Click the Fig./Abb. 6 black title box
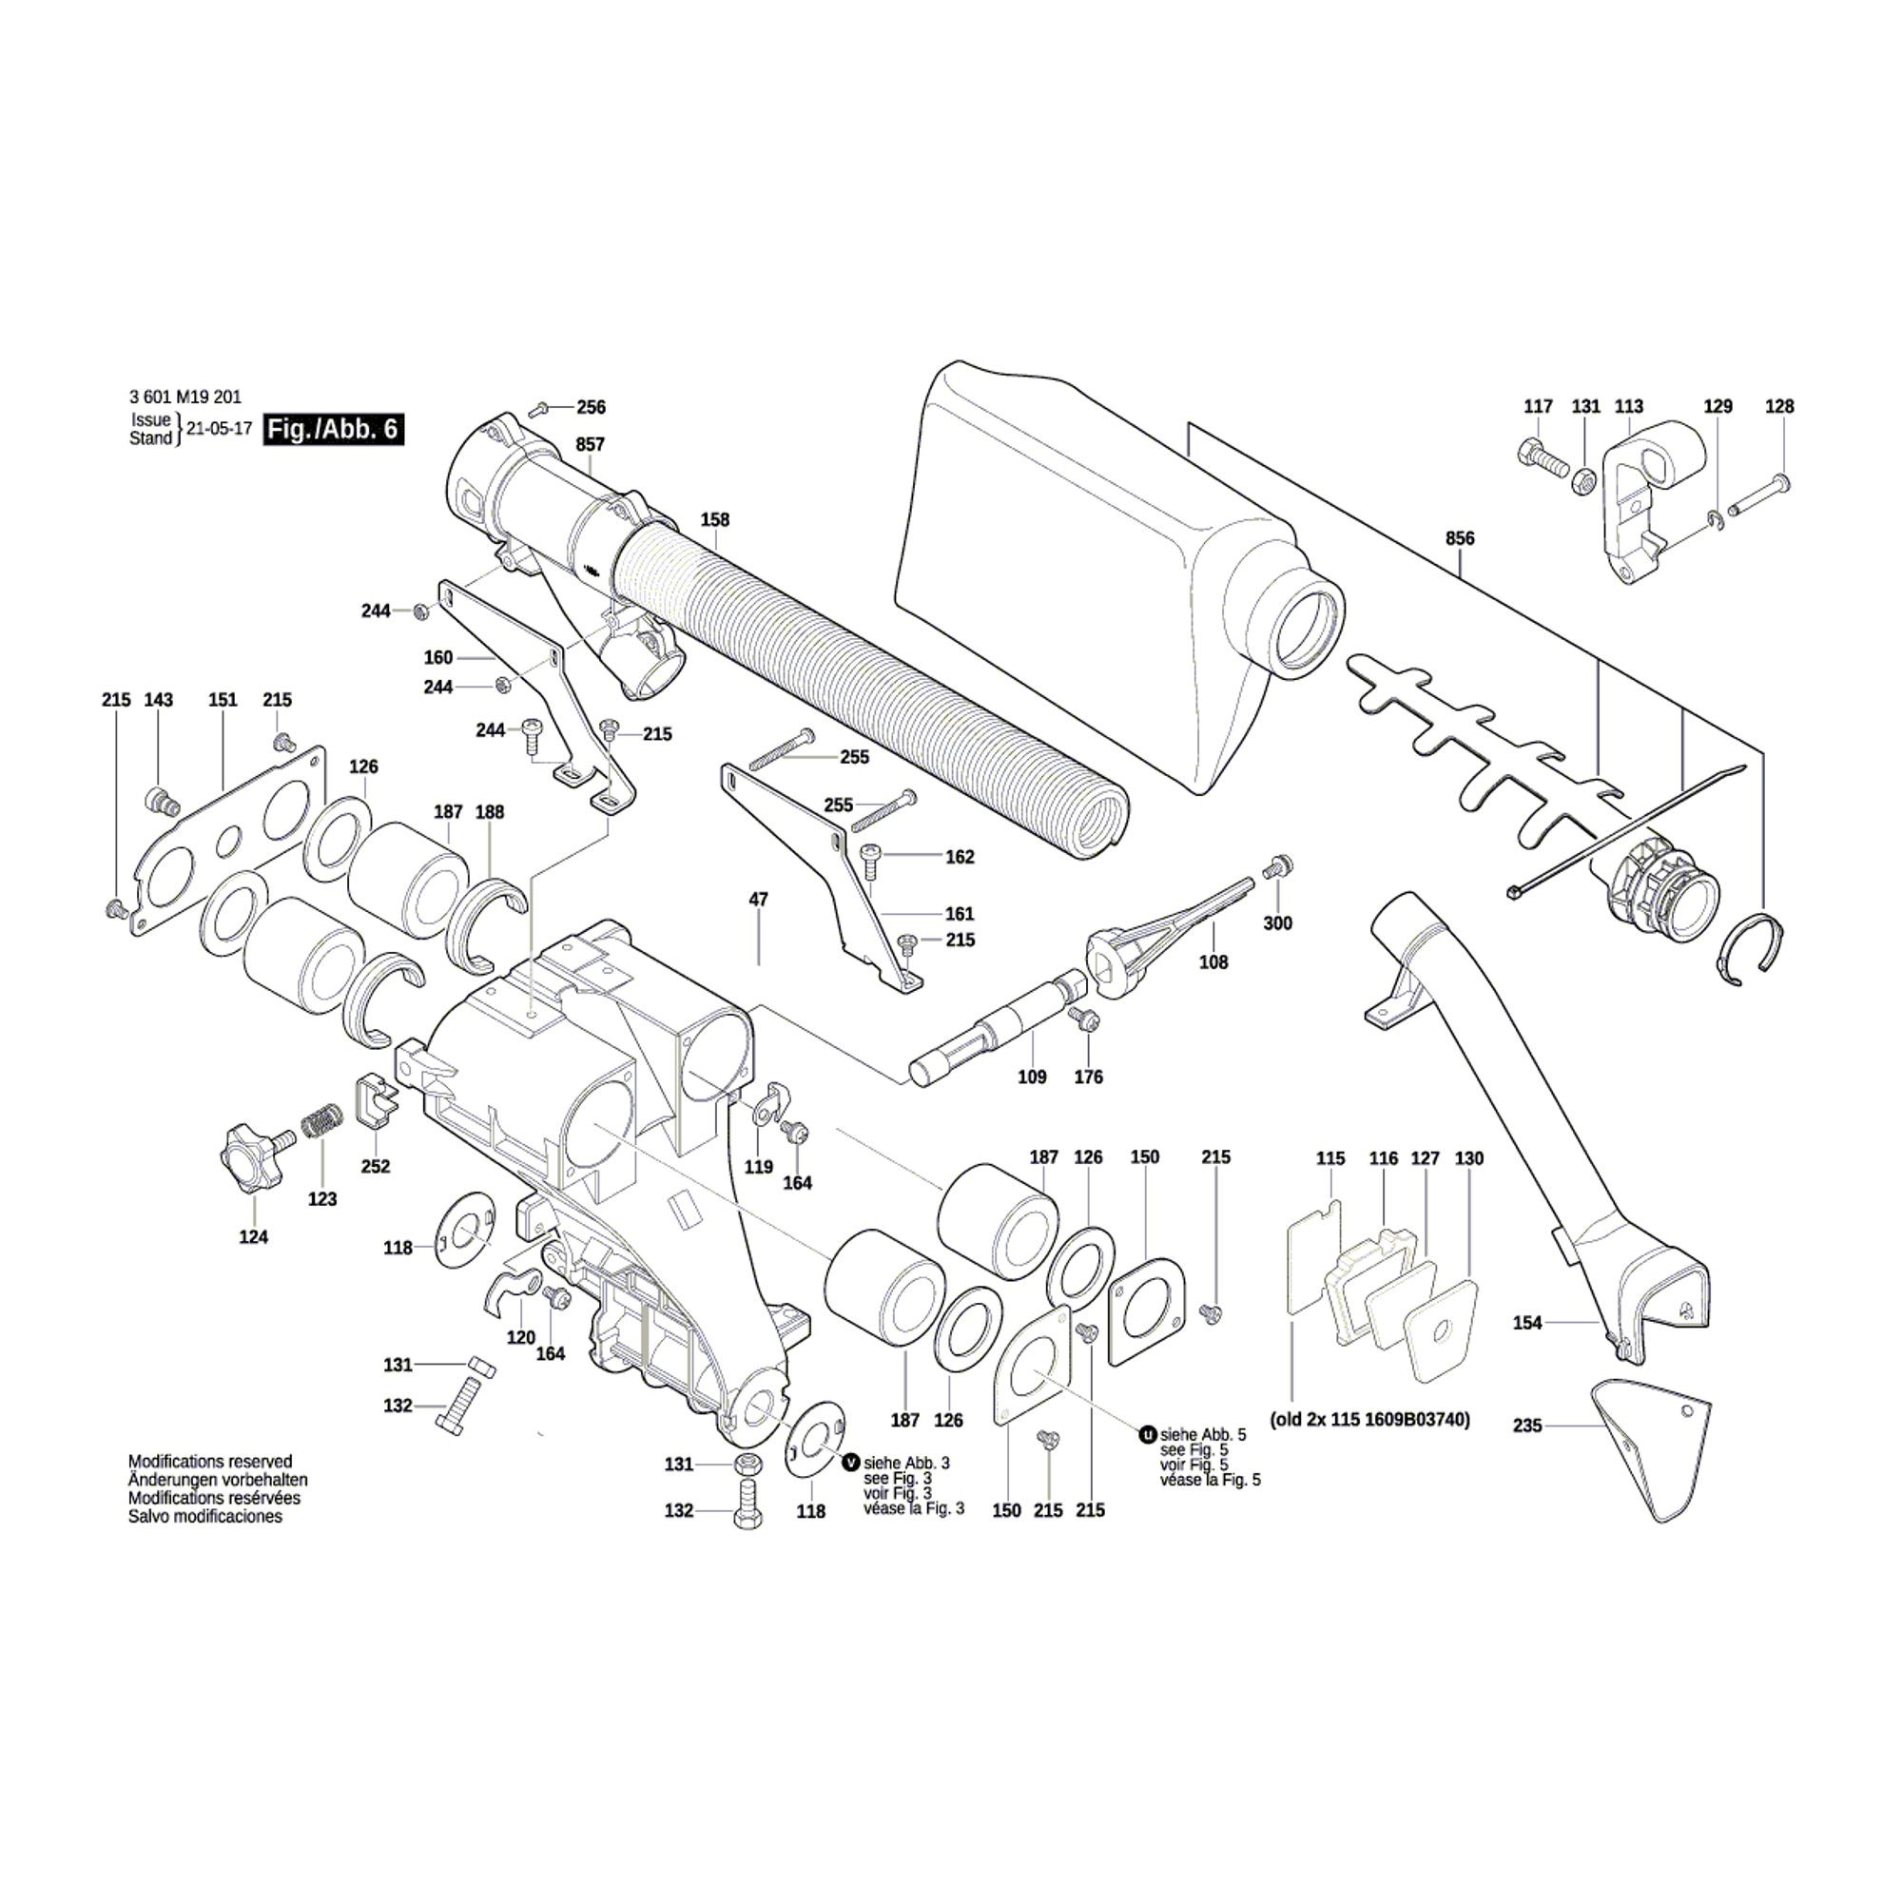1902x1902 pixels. [x=333, y=430]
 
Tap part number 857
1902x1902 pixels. [x=590, y=444]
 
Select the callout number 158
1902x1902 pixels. [x=715, y=520]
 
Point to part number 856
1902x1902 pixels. [x=1460, y=538]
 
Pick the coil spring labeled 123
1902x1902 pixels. [x=319, y=1124]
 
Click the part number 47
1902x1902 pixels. [x=758, y=899]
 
